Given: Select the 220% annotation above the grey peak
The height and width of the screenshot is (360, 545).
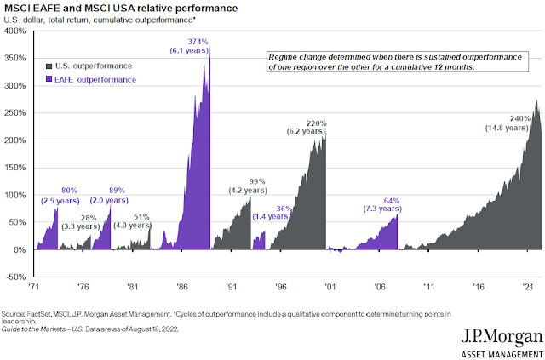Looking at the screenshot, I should click(317, 123).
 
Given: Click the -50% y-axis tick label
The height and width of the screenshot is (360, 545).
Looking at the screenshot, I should click(15, 277).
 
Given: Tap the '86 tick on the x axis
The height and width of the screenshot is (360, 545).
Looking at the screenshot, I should click(181, 288).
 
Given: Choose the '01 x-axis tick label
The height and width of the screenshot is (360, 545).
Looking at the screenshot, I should click(330, 288).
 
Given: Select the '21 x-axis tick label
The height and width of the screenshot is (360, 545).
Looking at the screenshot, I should click(529, 288).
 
